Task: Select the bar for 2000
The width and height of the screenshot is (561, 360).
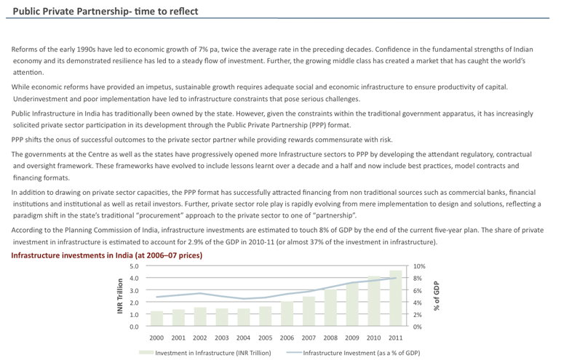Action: [x=156, y=319]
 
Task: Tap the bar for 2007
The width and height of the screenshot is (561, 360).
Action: [x=309, y=311]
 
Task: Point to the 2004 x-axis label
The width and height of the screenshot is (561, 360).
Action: [x=243, y=338]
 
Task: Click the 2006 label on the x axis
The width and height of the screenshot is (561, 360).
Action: [x=287, y=338]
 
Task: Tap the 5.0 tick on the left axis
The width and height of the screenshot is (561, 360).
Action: [x=134, y=266]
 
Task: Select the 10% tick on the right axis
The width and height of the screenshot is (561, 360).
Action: [x=419, y=266]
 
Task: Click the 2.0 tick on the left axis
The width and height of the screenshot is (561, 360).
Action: [x=134, y=303]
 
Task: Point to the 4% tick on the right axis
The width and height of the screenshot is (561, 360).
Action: [x=418, y=303]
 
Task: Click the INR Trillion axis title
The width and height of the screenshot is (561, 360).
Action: [x=119, y=296]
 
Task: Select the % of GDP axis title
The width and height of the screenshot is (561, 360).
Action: [x=437, y=296]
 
